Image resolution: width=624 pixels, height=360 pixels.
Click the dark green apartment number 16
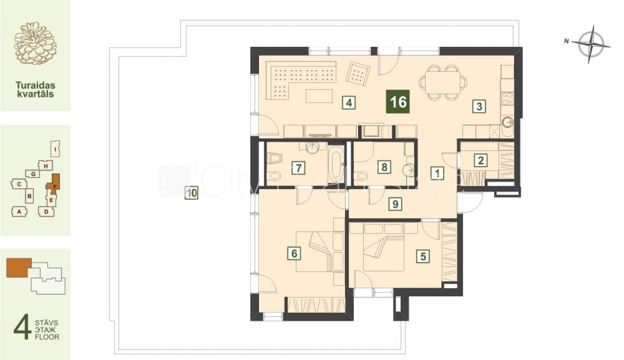[397, 102]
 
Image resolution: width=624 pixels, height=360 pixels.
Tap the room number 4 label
[349, 103]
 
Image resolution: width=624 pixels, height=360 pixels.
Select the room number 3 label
[479, 106]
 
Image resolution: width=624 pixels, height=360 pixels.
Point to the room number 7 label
[298, 168]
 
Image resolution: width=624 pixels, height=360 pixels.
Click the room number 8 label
[384, 167]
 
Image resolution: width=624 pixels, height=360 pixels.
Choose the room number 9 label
[395, 204]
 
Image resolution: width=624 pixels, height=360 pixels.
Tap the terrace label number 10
[191, 193]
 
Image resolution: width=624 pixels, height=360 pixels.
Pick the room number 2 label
[481, 160]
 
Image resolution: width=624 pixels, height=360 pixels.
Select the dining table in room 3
[442, 82]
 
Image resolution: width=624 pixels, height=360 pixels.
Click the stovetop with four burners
[508, 99]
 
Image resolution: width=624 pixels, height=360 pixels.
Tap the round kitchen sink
[508, 122]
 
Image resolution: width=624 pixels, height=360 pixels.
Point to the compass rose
[590, 44]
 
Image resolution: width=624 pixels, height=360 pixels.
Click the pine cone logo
[35, 44]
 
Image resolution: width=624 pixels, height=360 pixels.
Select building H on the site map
[46, 166]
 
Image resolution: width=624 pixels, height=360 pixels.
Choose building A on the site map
[19, 212]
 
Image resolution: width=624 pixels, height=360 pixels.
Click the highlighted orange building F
[54, 184]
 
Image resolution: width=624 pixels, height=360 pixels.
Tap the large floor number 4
[22, 326]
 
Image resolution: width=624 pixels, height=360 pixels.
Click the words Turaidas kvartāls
[35, 89]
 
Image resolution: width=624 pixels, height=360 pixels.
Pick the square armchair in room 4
[358, 73]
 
